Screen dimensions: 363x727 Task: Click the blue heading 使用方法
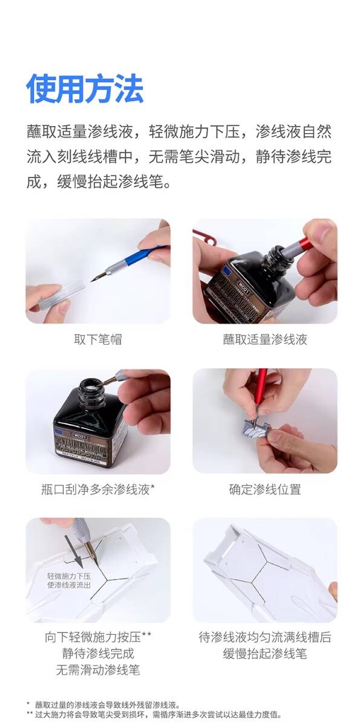pyautogui.click(x=85, y=88)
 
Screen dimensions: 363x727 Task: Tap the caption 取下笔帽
pyautogui.click(x=98, y=339)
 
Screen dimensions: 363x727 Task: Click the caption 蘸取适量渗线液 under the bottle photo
pyautogui.click(x=265, y=339)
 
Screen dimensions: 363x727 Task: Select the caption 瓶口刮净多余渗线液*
pyautogui.click(x=98, y=489)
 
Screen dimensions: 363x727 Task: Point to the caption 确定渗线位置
pyautogui.click(x=265, y=489)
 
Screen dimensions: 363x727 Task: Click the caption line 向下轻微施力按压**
pyautogui.click(x=98, y=637)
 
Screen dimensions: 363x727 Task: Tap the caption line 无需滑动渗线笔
pyautogui.click(x=98, y=669)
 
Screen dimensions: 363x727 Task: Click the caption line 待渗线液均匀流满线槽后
pyautogui.click(x=265, y=637)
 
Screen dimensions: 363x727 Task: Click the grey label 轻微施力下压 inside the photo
pyautogui.click(x=69, y=576)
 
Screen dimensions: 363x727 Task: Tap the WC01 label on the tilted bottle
pyautogui.click(x=244, y=285)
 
